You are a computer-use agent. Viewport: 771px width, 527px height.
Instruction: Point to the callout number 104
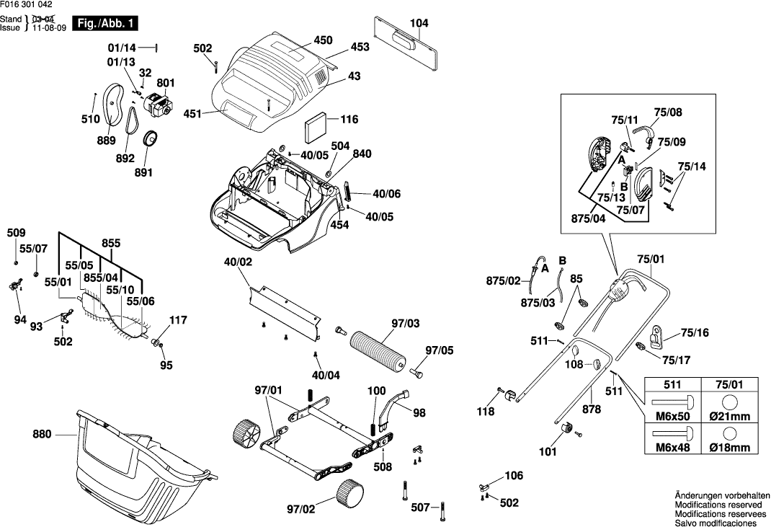[x=419, y=23]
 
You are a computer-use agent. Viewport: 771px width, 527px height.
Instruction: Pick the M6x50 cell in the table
[x=671, y=417]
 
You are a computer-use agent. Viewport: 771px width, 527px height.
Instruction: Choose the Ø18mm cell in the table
[x=729, y=448]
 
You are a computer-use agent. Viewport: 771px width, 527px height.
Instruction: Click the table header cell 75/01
[x=729, y=385]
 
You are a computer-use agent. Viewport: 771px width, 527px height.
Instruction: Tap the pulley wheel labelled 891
[x=151, y=138]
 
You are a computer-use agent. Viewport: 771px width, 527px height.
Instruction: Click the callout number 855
[x=111, y=244]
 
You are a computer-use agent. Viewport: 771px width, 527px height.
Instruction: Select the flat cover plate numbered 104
[x=407, y=43]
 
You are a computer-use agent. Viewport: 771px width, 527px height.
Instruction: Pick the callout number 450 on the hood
[x=322, y=40]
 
